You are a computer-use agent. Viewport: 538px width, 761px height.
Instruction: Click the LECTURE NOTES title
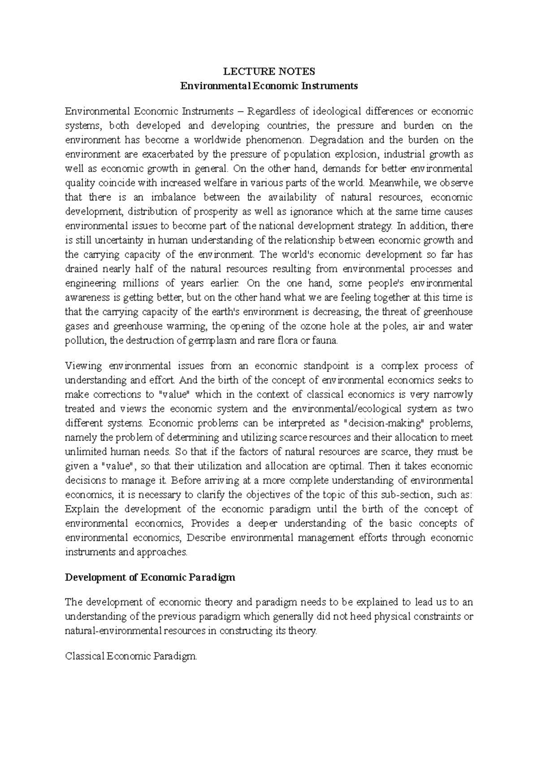269,72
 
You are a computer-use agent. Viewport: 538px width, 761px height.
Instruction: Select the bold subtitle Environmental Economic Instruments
269,86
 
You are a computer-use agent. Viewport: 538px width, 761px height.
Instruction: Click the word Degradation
334,140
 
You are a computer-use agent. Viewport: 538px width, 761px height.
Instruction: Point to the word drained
81,269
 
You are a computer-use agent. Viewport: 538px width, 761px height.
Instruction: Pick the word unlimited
85,452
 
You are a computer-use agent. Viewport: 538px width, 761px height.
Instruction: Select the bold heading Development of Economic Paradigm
150,577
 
